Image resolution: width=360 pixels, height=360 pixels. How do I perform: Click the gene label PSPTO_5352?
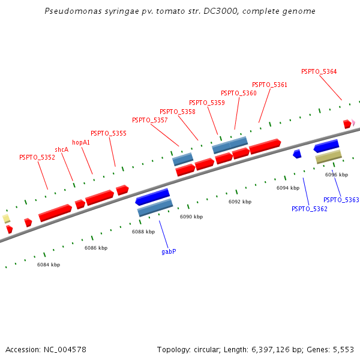tap(37, 157)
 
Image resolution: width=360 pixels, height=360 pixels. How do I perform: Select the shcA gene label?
tap(61, 149)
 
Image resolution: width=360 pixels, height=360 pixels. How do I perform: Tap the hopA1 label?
tap(81, 142)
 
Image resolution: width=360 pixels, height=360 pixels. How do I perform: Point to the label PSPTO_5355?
tap(109, 133)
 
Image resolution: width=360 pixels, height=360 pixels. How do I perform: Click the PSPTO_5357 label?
tap(150, 120)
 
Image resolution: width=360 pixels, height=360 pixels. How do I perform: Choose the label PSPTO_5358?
tap(178, 112)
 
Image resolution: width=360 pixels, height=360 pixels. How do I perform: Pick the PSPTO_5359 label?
tap(207, 103)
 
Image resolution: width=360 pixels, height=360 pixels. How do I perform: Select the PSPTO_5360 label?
tap(239, 93)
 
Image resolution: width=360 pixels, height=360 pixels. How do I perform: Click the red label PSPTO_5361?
tap(269, 85)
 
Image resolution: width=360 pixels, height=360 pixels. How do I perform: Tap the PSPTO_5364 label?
tap(319, 71)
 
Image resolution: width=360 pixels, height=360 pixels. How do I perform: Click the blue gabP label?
tap(169, 251)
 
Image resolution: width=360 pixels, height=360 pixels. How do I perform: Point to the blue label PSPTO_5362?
tap(310, 209)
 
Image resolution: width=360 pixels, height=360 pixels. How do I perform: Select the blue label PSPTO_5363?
tap(341, 200)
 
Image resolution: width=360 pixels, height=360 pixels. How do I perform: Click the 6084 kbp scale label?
tap(49, 265)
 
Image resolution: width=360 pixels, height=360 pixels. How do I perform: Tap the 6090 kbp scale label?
tap(191, 217)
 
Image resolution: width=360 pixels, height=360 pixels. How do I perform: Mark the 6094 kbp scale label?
tap(288, 188)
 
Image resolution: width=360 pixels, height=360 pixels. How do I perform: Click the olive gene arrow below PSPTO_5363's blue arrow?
tap(329, 157)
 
